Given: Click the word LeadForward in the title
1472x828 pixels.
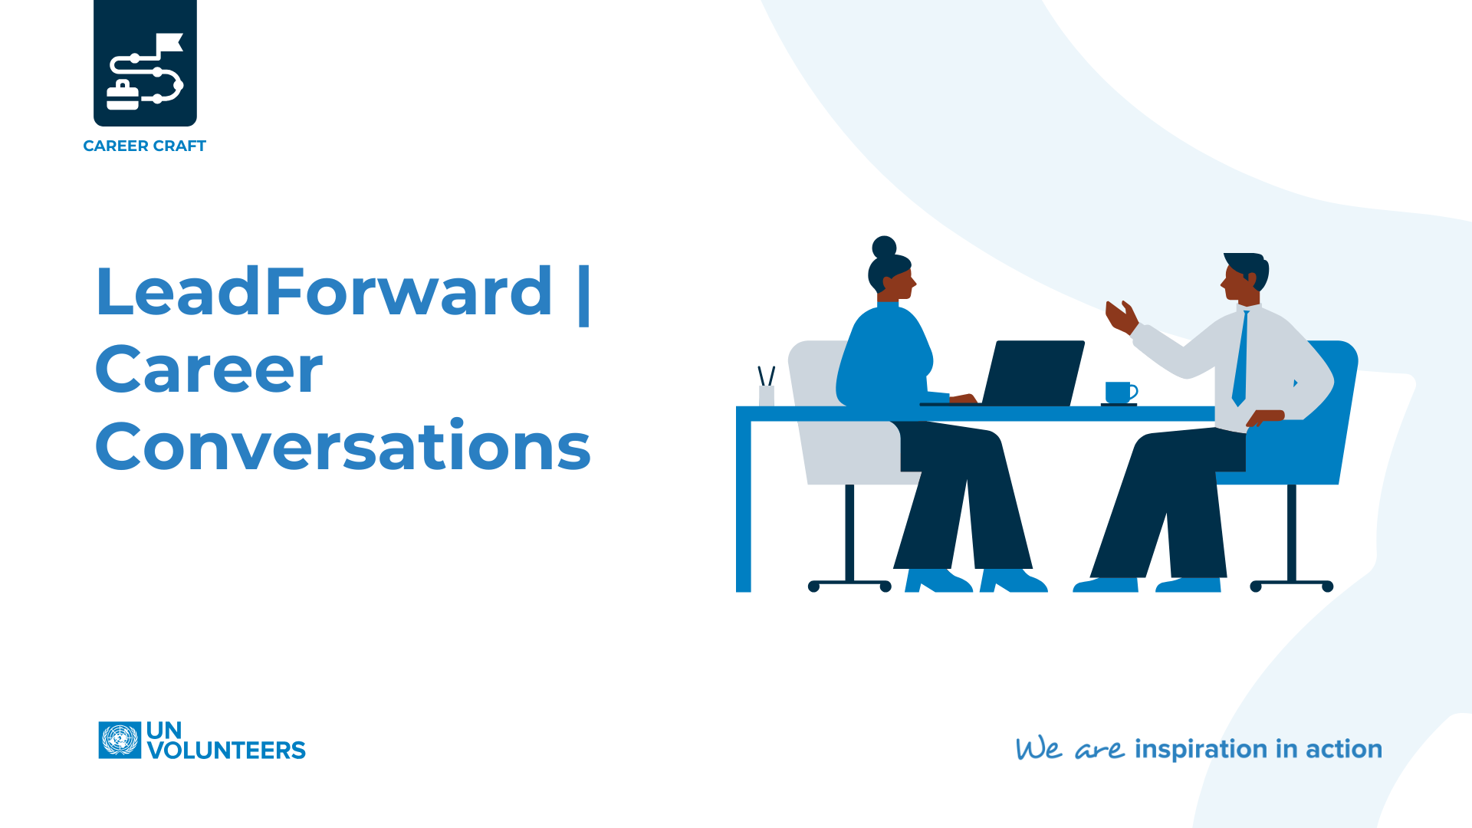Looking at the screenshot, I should [x=323, y=291].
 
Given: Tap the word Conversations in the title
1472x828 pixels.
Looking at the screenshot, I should [x=343, y=447].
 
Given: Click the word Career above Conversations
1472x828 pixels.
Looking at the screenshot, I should [x=209, y=370].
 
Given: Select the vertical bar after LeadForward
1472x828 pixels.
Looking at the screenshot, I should [x=583, y=295].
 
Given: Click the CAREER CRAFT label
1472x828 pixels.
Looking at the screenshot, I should [x=144, y=146].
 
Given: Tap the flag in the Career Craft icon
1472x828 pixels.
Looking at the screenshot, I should [x=169, y=44].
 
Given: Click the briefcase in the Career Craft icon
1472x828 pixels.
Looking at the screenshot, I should [x=123, y=96].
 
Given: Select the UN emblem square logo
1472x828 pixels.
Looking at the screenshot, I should [x=120, y=741].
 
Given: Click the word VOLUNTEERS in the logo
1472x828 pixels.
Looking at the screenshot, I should [x=226, y=751].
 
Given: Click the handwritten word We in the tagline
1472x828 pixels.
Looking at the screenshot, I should [x=1039, y=748].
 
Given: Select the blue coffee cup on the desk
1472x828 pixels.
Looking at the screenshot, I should [x=1119, y=393].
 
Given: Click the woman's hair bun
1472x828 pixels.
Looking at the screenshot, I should [x=884, y=246].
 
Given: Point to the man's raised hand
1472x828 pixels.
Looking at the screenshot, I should [x=1121, y=316].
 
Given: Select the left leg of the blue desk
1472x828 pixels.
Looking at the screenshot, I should [x=743, y=506].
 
